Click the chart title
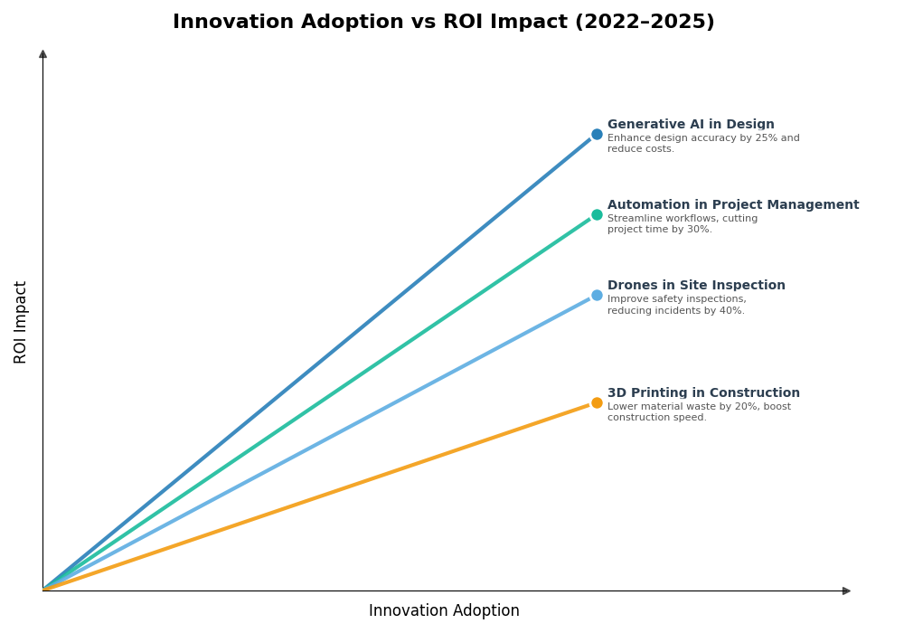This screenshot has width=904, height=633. [443, 23]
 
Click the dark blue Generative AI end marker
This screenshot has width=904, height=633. [597, 135]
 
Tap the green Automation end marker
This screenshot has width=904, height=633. [597, 215]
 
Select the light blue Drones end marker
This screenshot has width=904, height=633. [597, 296]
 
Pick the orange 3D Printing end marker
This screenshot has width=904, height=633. [597, 403]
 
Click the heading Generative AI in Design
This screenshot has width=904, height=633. [691, 125]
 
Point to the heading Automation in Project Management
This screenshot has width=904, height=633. [733, 205]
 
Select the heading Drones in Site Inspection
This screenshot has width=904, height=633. [696, 286]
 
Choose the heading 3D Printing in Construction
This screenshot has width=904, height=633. [703, 393]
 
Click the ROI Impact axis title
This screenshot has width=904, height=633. [21, 322]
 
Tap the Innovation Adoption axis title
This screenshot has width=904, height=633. [444, 611]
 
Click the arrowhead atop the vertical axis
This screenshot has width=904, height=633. [42, 54]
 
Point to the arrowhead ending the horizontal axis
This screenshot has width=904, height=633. [846, 591]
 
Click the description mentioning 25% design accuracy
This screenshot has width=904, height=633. [703, 144]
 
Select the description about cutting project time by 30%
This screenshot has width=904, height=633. [683, 224]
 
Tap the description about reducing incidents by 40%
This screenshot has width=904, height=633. [677, 306]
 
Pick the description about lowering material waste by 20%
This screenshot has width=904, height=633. [699, 412]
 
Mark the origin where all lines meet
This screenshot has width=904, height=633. [43, 590]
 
